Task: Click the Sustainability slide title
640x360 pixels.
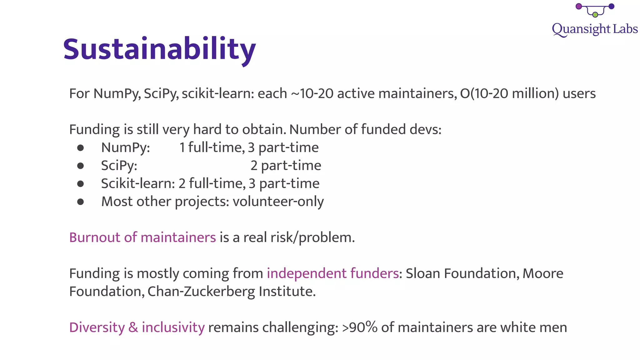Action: pos(159,49)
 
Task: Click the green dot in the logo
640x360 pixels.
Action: pos(595,15)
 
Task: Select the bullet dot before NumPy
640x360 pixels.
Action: pos(80,148)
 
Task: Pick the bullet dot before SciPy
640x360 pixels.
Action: pos(80,166)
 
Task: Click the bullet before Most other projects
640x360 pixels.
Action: pos(80,202)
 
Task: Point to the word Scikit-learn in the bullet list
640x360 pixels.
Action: pos(137,183)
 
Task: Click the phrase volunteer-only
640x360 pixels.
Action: pos(278,202)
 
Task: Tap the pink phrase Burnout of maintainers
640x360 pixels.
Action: pos(142,237)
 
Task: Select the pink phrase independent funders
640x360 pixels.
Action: pos(332,273)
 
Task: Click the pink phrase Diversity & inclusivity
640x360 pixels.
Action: pos(137,327)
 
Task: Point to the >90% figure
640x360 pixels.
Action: pos(359,327)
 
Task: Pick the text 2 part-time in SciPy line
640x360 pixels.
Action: pos(286,166)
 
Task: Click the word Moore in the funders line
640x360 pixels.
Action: pos(543,273)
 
